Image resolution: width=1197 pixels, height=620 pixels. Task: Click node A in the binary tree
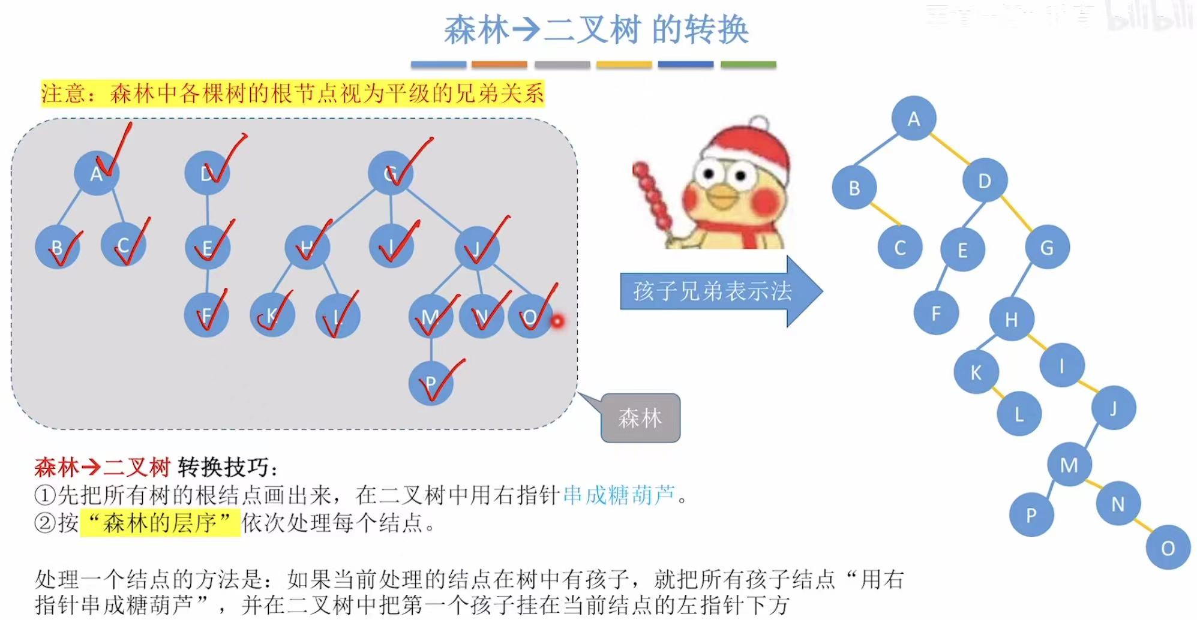[x=913, y=118]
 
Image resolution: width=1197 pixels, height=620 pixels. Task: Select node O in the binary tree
[x=1168, y=547]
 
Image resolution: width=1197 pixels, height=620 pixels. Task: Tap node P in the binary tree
[x=1031, y=514]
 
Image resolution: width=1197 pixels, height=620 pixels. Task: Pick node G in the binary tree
[x=1046, y=247]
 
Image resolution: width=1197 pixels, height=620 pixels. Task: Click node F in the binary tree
[x=935, y=313]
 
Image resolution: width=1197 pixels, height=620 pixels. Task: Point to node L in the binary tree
[x=1019, y=414]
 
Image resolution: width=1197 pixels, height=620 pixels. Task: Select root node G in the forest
[x=391, y=173]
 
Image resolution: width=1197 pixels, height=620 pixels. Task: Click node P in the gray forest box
[x=431, y=383]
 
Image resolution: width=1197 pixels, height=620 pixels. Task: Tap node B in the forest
[x=58, y=246]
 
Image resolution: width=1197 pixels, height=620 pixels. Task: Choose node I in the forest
[x=391, y=246]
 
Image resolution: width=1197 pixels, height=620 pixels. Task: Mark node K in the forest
[x=272, y=315]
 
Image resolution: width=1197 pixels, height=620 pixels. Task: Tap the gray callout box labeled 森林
[x=640, y=418]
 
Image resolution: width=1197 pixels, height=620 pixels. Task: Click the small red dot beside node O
[x=557, y=321]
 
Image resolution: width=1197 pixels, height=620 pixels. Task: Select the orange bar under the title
[x=499, y=64]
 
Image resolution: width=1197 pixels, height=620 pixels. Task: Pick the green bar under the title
[x=748, y=64]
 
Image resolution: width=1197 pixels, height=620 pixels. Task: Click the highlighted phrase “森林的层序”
[x=160, y=523]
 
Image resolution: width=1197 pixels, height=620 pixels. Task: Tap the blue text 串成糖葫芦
[x=619, y=495]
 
